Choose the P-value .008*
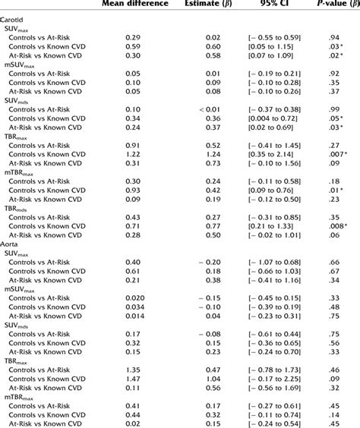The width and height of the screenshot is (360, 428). [335, 225]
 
